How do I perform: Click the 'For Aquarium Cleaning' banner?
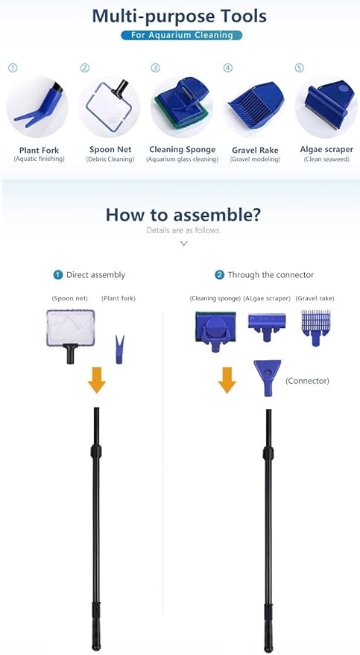pos(182,35)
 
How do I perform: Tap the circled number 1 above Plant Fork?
pos(13,68)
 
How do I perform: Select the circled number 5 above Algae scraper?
pos(300,68)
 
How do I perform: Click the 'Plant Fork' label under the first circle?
pos(40,150)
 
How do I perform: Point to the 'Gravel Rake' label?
pos(255,150)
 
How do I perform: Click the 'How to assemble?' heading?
pos(183,215)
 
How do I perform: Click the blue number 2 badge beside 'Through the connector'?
pos(219,275)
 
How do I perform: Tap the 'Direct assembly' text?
pos(95,275)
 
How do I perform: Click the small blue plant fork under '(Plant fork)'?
pos(119,349)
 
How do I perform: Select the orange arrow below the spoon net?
pos(97,380)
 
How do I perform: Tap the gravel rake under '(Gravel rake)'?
pos(316,328)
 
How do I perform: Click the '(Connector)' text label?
pos(307,381)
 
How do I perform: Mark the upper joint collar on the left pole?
pos(96,451)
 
